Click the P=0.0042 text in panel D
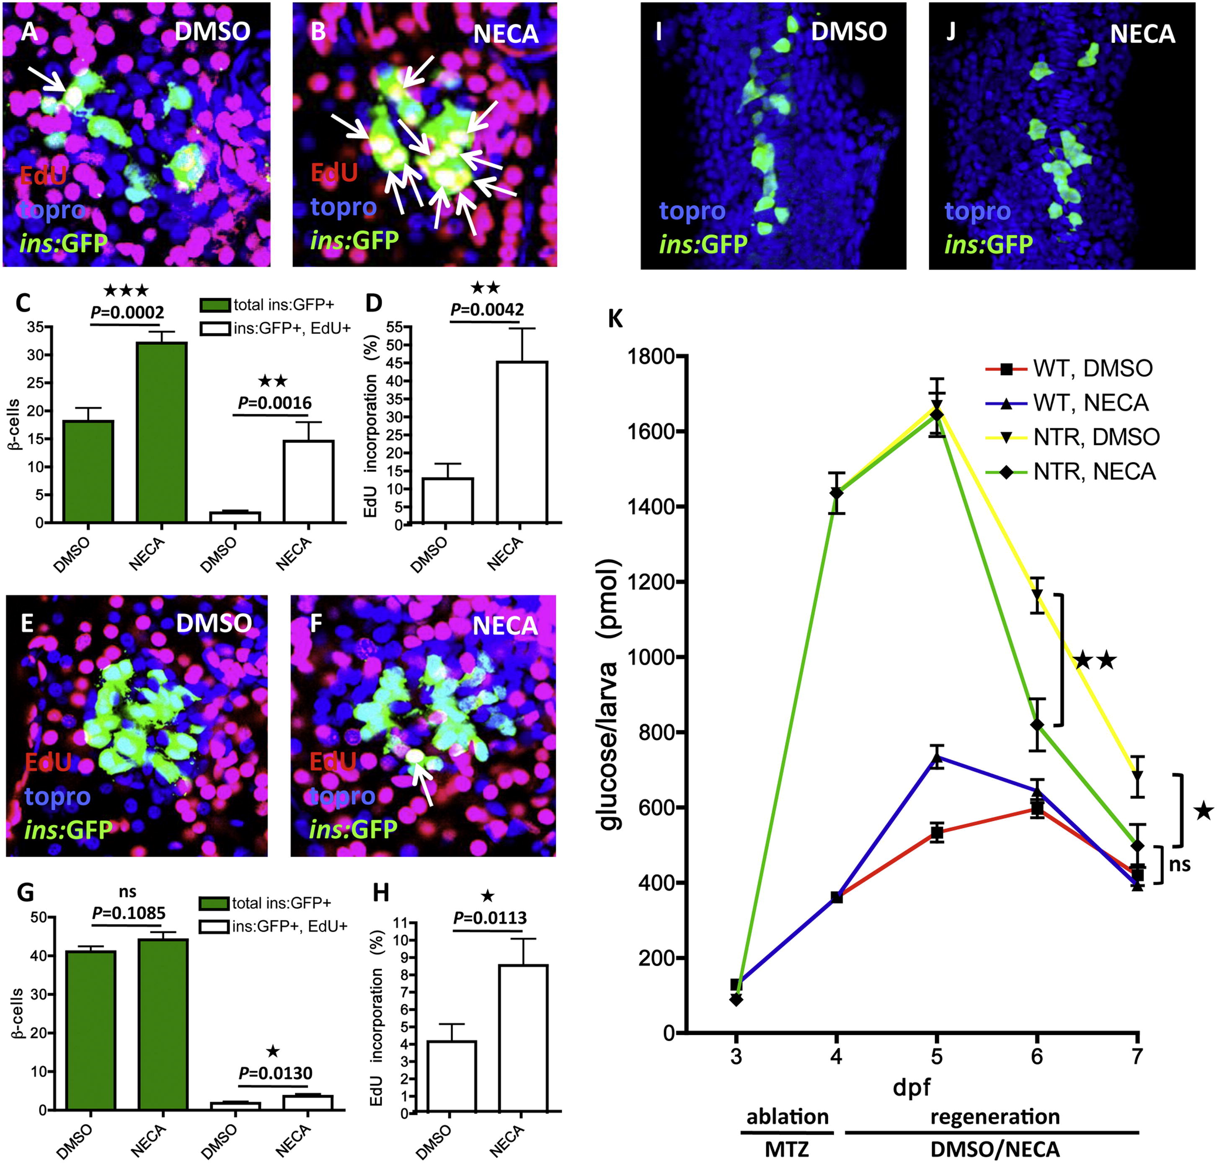tap(487, 309)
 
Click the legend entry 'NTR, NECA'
tap(1094, 472)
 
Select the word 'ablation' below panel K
tap(787, 1116)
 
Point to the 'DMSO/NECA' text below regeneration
tap(995, 1149)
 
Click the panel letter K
tap(616, 319)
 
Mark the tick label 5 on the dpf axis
tap(936, 1056)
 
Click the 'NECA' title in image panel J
tap(1142, 34)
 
